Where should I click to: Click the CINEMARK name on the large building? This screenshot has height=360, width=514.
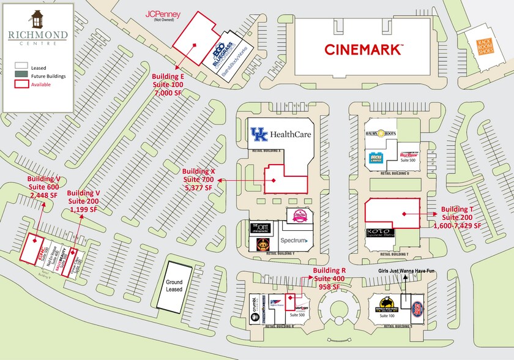click(x=363, y=48)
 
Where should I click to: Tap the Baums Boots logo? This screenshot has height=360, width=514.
click(x=382, y=133)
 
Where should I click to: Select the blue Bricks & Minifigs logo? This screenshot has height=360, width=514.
click(x=376, y=159)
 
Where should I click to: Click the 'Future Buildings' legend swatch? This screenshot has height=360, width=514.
click(x=22, y=75)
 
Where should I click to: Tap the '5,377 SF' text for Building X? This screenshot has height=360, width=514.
click(x=199, y=188)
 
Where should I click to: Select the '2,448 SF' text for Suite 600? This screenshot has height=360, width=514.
click(x=42, y=195)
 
